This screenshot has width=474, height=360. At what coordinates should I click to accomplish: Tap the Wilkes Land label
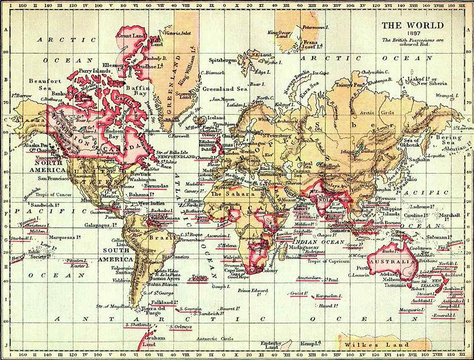(x=370, y=345)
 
